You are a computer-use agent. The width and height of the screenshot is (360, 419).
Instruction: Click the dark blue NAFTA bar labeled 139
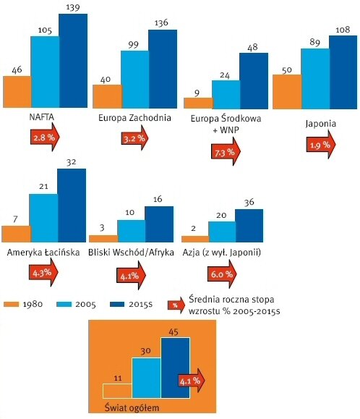pos(73,61)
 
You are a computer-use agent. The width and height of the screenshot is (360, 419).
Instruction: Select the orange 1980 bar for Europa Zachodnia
pos(107,96)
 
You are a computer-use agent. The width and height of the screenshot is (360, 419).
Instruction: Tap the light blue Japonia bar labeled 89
pos(315,79)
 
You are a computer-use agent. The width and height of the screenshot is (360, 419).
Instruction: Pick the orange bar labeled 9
pos(198,103)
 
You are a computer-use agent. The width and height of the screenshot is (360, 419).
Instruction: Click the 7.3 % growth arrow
pos(226,151)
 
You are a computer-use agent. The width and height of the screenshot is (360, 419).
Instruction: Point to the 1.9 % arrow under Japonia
pos(321,144)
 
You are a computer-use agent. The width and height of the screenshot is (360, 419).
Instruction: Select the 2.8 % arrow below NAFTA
pos(45,137)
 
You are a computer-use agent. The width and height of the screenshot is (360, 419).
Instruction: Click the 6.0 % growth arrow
pos(222,274)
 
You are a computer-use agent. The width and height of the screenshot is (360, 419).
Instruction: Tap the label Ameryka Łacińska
pos(43,253)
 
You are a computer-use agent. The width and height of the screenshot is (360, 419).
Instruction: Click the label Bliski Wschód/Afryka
pos(131,253)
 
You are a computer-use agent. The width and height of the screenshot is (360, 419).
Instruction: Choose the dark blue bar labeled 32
pos(72,206)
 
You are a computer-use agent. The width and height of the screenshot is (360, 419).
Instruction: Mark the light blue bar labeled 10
pos(132,231)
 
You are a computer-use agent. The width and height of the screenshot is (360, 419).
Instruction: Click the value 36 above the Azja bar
pos(249,203)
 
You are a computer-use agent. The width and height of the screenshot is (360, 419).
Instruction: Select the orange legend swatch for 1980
pos(12,304)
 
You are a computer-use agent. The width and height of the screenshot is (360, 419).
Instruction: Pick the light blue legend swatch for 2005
pos(64,304)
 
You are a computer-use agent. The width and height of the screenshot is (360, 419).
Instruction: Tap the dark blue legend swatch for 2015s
pos(117,304)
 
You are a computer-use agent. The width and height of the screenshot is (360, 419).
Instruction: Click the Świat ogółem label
pos(132,407)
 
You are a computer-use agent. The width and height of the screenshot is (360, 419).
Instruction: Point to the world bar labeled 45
pos(176,368)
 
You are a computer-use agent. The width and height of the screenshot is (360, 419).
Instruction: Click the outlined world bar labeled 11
pos(117,391)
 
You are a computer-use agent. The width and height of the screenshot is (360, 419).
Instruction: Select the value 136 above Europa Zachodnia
pos(161,22)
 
